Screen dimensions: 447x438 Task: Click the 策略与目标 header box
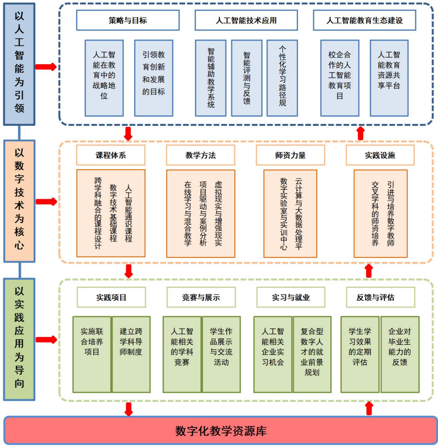[x=128, y=20]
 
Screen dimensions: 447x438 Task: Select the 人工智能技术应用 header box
[x=246, y=20]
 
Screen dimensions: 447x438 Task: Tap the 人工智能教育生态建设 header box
[x=364, y=20]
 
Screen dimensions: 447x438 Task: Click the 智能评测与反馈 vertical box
[x=247, y=78]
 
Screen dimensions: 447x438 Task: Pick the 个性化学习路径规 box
[x=282, y=78]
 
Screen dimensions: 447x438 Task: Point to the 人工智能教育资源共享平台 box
[x=388, y=78]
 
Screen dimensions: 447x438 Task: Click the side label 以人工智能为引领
[x=19, y=63]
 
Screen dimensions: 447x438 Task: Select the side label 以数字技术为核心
[x=19, y=201]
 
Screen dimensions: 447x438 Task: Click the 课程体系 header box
[x=110, y=155]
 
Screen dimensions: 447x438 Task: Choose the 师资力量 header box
[x=290, y=155]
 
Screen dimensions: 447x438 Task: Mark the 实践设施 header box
[x=380, y=155]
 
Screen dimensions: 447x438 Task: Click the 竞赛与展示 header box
[x=201, y=298]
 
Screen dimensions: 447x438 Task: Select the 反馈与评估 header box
[x=380, y=298]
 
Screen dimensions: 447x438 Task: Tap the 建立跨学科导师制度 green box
[x=131, y=354]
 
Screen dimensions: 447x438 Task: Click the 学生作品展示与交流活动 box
[x=221, y=354]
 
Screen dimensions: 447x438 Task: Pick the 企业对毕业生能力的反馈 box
[x=400, y=354]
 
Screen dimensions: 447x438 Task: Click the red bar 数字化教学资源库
[x=221, y=430]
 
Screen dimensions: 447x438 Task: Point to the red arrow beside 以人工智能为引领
[x=45, y=67]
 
